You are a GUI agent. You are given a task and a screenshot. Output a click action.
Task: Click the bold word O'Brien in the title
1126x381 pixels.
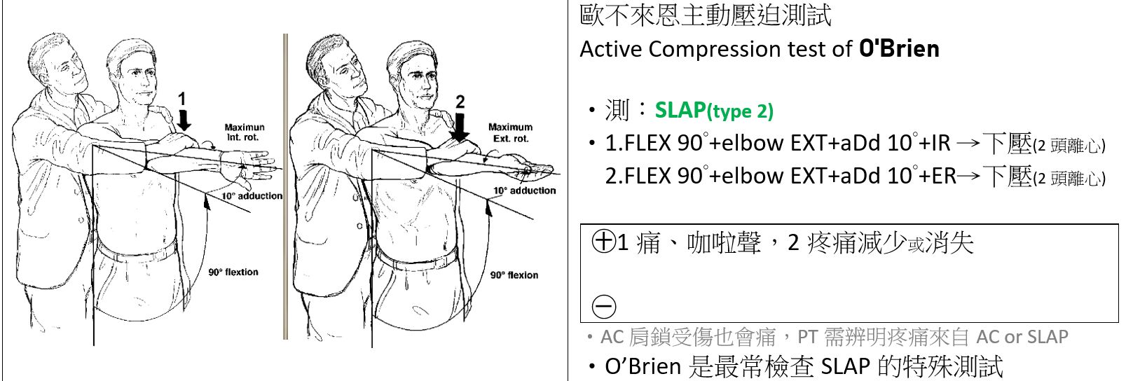click(x=899, y=49)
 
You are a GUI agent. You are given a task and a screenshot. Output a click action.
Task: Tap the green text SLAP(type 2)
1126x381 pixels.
click(x=714, y=111)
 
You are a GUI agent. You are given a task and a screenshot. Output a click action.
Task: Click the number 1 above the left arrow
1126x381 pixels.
click(x=182, y=99)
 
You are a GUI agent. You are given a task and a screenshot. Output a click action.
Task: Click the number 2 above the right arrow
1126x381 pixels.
click(x=460, y=102)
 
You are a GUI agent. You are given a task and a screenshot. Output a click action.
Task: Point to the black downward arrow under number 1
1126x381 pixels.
click(x=184, y=120)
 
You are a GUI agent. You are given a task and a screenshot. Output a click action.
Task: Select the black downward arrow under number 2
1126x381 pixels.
click(x=460, y=127)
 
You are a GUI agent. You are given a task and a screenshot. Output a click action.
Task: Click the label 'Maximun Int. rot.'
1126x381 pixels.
click(x=245, y=132)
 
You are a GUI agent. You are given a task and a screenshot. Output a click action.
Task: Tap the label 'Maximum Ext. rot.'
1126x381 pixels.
click(x=510, y=132)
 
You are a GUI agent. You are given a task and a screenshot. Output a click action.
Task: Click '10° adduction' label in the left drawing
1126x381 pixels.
click(x=252, y=196)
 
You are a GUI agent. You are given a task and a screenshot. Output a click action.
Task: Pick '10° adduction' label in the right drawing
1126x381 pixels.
click(x=524, y=190)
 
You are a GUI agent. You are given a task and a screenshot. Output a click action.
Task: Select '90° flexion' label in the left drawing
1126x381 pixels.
click(x=233, y=272)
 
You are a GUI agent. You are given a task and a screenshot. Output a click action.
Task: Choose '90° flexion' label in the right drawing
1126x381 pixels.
click(x=514, y=275)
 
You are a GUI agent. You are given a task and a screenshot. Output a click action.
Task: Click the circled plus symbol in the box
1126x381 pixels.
click(x=603, y=241)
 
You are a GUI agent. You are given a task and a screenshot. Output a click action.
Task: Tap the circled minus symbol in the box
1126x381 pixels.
click(x=604, y=306)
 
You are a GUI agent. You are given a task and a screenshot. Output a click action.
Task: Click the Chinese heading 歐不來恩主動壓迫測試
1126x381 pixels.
click(x=706, y=15)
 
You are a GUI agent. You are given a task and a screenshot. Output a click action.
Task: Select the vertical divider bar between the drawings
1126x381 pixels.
click(x=285, y=186)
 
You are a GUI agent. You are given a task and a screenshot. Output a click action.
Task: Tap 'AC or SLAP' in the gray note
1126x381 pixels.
click(x=1022, y=337)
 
